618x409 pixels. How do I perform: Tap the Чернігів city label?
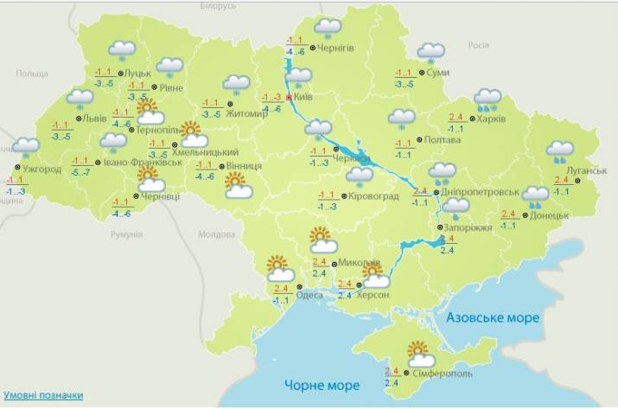click(336, 48)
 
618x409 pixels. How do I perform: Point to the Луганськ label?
click(587, 171)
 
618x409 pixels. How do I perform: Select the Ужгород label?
click(41, 169)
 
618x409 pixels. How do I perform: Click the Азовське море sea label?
click(493, 318)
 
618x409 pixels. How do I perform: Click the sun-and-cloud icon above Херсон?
click(375, 275)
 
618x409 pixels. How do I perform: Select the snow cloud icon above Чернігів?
click(327, 28)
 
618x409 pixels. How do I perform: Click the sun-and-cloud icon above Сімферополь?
click(421, 355)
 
